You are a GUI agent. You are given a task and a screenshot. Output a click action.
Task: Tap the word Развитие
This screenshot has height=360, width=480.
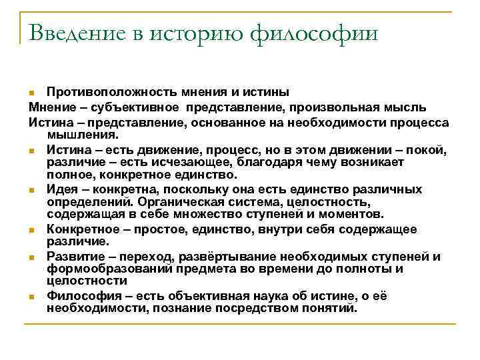[x=73, y=257]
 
